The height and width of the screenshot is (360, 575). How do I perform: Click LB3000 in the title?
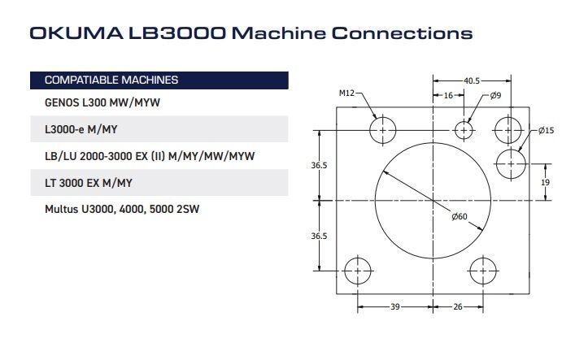click(176, 33)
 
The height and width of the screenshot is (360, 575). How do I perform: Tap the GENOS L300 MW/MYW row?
click(102, 102)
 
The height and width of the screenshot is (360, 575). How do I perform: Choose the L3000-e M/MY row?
click(81, 129)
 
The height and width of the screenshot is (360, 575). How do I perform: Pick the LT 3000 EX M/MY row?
click(89, 183)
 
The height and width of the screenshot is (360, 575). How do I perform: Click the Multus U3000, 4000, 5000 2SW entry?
click(122, 210)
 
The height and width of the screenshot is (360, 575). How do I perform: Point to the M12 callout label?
click(346, 93)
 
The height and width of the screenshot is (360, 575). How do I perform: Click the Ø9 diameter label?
click(495, 96)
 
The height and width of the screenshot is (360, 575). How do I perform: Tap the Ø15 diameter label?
click(546, 131)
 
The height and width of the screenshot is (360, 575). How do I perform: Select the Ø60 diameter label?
click(460, 217)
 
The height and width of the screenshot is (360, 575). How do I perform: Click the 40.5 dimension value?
click(472, 80)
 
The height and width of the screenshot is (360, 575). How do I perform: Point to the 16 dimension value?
click(448, 96)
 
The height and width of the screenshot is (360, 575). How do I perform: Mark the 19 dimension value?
click(545, 182)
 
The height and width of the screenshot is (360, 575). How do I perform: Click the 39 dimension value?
click(395, 306)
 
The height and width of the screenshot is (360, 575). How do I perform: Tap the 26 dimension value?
click(458, 306)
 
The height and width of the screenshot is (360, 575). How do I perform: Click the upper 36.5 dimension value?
click(319, 165)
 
